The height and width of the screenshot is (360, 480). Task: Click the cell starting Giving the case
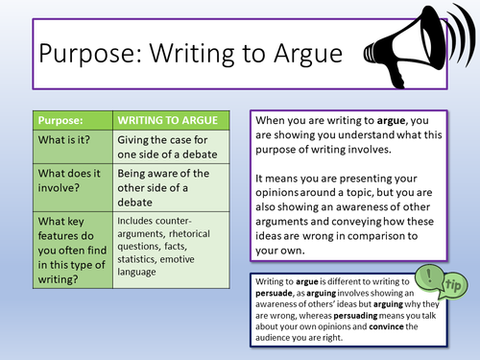point(174,150)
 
